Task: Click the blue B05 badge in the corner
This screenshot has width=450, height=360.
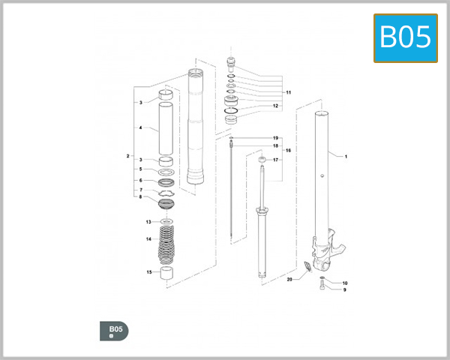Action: pos(405,37)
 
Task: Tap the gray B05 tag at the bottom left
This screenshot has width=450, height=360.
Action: pos(114,331)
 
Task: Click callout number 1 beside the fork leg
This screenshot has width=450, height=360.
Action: pos(346,157)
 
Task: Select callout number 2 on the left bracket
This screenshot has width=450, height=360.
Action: pos(128,156)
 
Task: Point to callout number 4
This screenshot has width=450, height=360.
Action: pos(140,128)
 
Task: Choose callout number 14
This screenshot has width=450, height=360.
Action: pos(148,239)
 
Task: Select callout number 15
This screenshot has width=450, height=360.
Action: pos(148,272)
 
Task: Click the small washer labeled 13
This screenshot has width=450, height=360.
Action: pos(166,222)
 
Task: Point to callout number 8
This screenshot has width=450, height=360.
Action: pos(140,197)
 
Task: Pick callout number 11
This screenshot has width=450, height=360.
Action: pos(288,91)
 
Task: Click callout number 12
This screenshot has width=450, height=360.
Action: pos(275,106)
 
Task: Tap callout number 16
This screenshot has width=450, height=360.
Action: pos(288,151)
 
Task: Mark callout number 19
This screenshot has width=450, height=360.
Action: pos(275,138)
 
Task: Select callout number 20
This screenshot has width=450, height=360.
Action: pos(289,279)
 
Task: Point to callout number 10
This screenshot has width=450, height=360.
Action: pos(345,283)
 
